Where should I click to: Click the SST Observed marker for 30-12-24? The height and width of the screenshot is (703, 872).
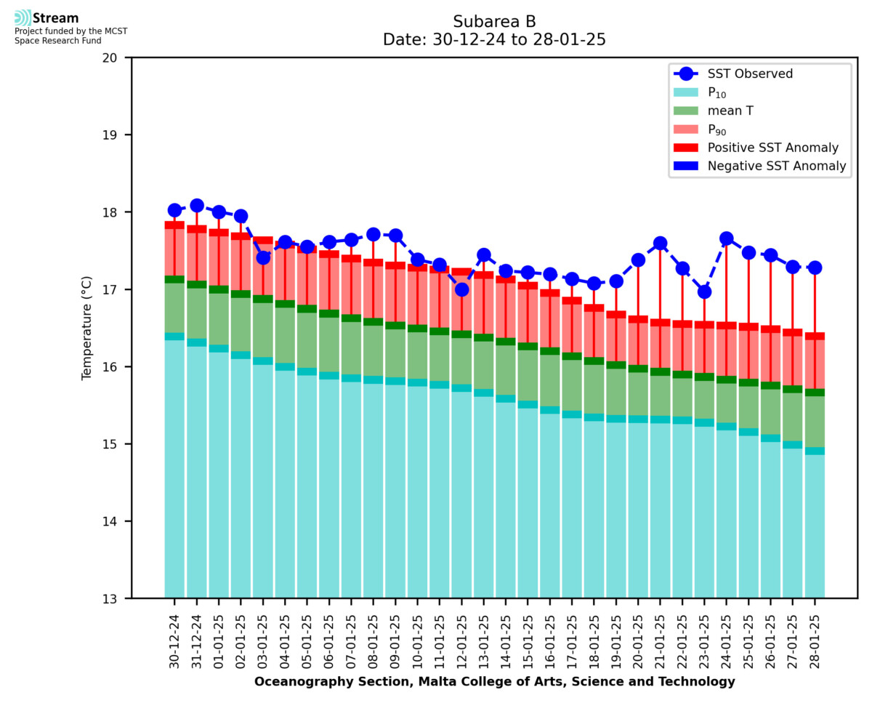(174, 210)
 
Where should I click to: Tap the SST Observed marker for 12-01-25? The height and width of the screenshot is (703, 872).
(461, 289)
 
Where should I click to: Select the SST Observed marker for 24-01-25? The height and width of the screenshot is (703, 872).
(726, 238)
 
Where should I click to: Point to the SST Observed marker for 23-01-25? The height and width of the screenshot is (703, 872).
(704, 292)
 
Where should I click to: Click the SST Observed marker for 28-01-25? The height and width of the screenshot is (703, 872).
(815, 268)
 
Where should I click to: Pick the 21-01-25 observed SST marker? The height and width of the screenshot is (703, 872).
(660, 243)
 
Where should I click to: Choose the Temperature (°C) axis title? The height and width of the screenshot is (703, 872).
(87, 328)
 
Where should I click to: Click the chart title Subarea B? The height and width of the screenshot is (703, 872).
(494, 21)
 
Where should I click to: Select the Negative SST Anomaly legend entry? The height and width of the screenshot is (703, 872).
(777, 166)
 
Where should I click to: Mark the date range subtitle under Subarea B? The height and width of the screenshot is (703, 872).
(494, 40)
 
